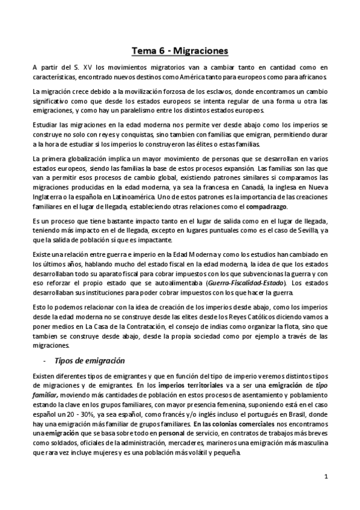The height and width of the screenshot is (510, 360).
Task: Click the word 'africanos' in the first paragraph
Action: click(x=311, y=78)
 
